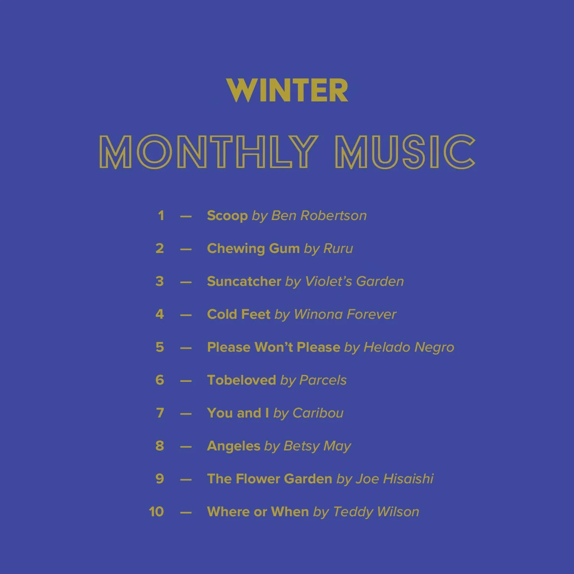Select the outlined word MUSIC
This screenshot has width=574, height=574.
[405, 152]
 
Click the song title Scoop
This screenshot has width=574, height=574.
[227, 215]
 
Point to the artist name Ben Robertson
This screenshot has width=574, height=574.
[319, 215]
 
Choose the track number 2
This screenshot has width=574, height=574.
[160, 248]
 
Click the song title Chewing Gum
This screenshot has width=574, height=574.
[253, 248]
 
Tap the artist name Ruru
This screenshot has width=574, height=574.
[338, 248]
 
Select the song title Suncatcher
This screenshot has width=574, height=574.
[244, 281]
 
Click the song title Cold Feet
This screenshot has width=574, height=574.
[238, 314]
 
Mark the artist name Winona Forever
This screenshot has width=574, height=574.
[345, 314]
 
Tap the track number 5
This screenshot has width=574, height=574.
[160, 347]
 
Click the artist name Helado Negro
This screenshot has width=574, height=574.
[408, 347]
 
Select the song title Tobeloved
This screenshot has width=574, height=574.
[241, 380]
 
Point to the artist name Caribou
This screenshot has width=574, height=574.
[318, 413]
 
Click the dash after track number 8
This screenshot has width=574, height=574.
[186, 446]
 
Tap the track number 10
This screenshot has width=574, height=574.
[156, 512]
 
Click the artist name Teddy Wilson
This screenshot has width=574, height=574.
[376, 512]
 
